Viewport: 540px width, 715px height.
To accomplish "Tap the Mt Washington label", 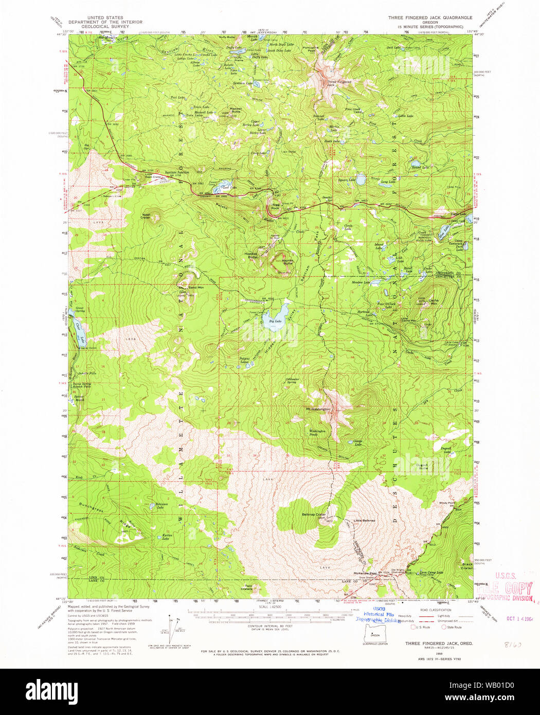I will click(x=317, y=409).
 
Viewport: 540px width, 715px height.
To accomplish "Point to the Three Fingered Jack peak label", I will click(x=339, y=82).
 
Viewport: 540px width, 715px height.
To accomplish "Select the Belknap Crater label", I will click(x=314, y=514).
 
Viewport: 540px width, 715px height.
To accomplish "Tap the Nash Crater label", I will click(x=146, y=216).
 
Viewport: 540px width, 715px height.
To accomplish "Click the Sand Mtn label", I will click(x=195, y=287).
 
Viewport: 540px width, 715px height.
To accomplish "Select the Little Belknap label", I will click(x=364, y=521).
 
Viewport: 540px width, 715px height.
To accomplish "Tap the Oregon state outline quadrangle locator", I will click(x=375, y=636).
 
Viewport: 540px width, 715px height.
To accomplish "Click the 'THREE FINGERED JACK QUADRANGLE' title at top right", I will click(x=430, y=17).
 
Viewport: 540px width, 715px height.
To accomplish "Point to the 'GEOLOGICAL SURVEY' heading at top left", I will click(x=105, y=27).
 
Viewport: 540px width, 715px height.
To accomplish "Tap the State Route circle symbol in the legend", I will click(x=444, y=627).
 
